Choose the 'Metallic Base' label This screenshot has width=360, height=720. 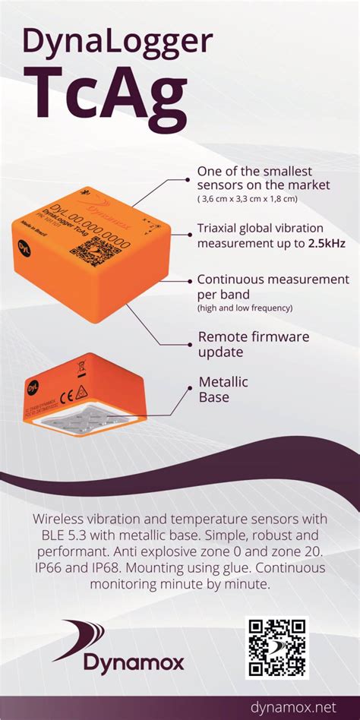(x=223, y=389)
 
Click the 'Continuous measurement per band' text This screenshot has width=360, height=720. (x=273, y=286)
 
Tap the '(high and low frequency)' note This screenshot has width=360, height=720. (x=245, y=308)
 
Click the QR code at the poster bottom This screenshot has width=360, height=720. (x=277, y=647)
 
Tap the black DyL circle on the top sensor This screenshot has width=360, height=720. (x=23, y=245)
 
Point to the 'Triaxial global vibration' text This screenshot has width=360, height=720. (x=261, y=229)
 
